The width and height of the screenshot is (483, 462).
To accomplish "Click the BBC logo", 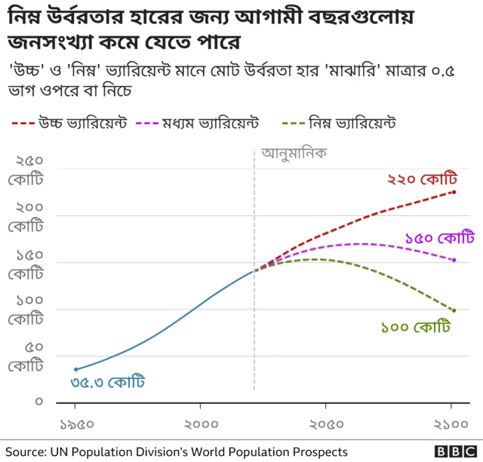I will pyautogui.click(x=454, y=451).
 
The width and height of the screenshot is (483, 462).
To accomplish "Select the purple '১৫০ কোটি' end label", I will pyautogui.click(x=439, y=237).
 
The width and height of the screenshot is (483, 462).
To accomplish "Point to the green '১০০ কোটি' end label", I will pyautogui.click(x=415, y=328).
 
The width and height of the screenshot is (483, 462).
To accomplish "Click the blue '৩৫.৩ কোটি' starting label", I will pyautogui.click(x=107, y=382).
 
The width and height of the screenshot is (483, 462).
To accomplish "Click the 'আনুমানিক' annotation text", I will pyautogui.click(x=294, y=153).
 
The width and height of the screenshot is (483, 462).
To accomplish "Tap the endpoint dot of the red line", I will pyautogui.click(x=454, y=192).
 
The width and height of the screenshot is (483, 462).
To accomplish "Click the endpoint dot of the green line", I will pyautogui.click(x=454, y=310).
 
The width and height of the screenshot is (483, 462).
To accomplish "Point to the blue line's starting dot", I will pyautogui.click(x=76, y=369).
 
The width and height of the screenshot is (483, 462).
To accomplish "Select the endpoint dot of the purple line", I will pyautogui.click(x=454, y=260).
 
